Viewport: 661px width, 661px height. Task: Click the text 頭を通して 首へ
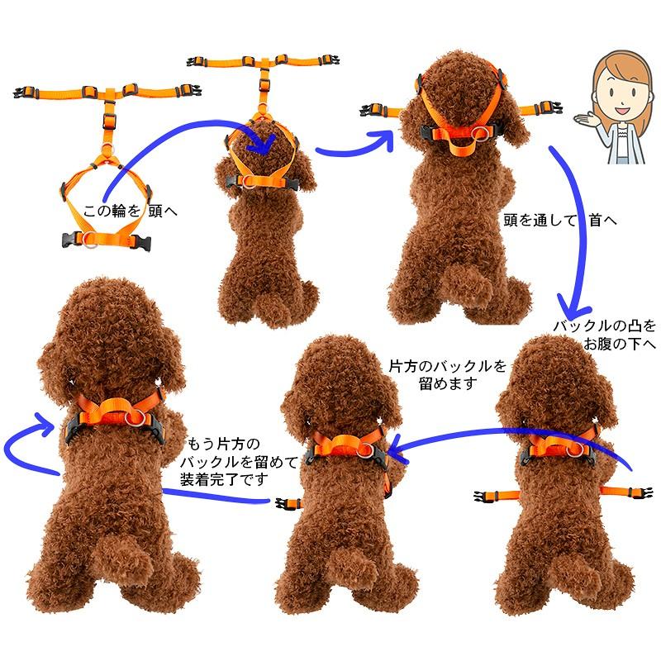tap(560, 221)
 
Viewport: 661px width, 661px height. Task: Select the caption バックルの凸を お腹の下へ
tap(605, 335)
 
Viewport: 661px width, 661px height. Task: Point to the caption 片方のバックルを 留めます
tap(446, 373)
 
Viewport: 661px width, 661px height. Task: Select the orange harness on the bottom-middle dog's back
tap(343, 451)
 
